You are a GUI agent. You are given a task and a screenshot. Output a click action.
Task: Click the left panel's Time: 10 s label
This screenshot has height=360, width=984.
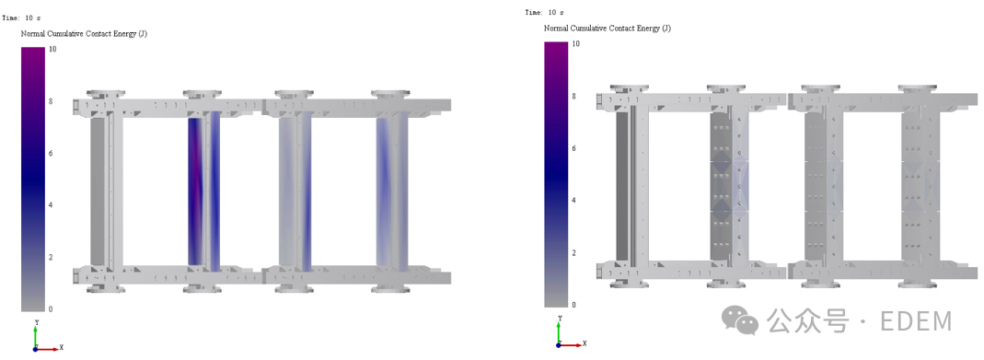(x=20, y=17)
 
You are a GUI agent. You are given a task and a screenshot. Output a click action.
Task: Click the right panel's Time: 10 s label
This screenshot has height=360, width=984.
(x=544, y=13)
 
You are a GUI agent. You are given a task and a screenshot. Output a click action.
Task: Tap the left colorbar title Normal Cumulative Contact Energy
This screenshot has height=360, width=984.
(x=84, y=33)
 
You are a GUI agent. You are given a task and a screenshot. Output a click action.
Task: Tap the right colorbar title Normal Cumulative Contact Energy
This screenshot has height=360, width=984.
(x=607, y=29)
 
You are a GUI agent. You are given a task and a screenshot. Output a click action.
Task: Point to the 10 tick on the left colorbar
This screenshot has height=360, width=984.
(x=52, y=48)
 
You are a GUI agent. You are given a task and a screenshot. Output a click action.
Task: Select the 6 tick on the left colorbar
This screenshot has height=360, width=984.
(x=51, y=153)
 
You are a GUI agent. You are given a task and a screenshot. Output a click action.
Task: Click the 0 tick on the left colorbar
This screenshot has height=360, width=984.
(x=51, y=309)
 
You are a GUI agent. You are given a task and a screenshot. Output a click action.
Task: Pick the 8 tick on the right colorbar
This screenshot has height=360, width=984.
(x=574, y=96)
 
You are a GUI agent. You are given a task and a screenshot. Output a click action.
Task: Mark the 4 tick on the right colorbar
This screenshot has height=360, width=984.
(x=574, y=200)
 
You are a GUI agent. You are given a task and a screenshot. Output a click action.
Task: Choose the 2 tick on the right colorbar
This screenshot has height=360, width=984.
(x=574, y=253)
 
